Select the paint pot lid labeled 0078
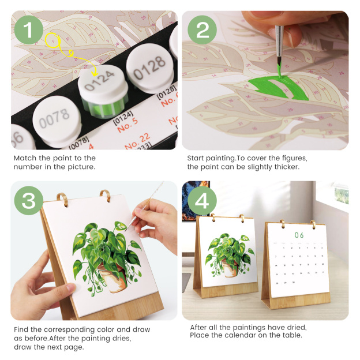(x=54, y=118)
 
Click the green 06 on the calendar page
(x=299, y=235)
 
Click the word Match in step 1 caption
(x=26, y=157)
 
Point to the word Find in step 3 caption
(x=22, y=329)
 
